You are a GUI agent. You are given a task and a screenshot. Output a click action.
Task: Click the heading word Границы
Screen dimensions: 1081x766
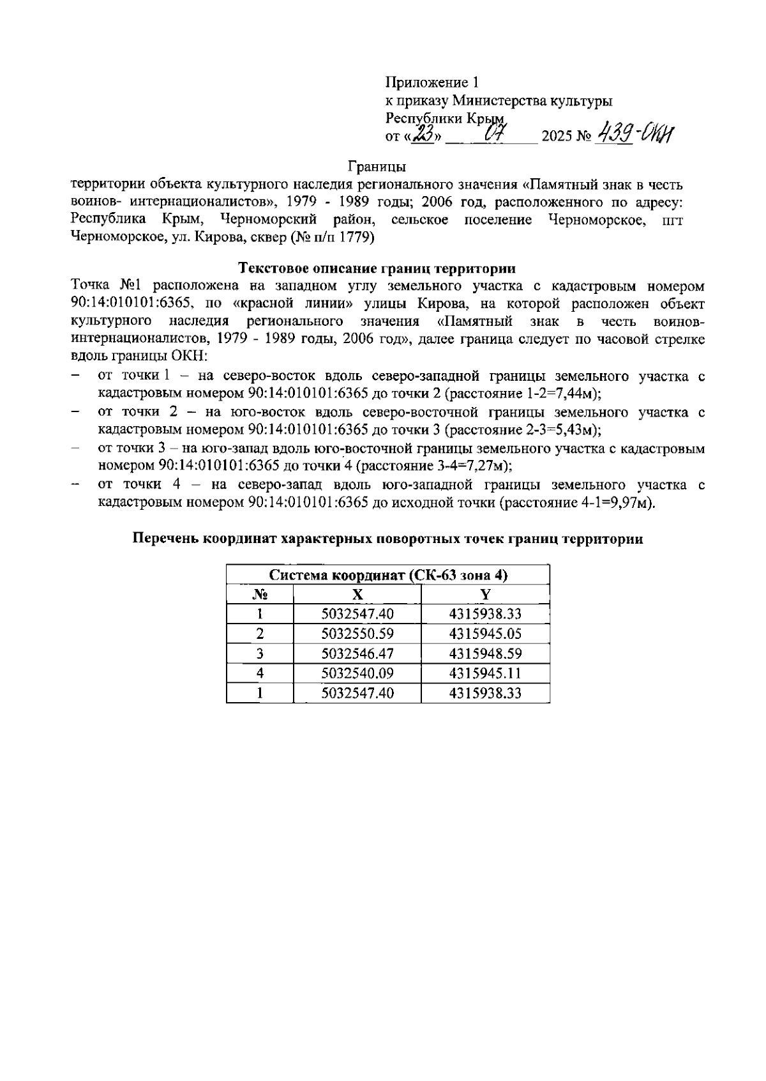coord(377,167)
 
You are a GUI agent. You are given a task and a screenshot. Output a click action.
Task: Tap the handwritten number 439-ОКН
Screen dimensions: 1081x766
coord(635,135)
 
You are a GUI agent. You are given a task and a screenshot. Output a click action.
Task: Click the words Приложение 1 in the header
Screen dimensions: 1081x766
coord(432,82)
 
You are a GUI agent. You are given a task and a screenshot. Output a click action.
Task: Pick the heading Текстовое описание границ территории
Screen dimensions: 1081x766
coord(377,267)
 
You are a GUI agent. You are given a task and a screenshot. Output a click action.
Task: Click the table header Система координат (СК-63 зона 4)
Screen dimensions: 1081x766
coord(388,575)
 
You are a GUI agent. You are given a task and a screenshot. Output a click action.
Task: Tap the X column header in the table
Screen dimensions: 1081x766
coord(357,595)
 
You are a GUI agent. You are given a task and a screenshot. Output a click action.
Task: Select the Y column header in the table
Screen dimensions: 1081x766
coord(485,595)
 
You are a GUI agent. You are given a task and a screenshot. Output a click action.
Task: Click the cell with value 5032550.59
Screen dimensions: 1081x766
coord(357,634)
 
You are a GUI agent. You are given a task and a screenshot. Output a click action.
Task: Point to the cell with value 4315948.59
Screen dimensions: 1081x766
coord(485,654)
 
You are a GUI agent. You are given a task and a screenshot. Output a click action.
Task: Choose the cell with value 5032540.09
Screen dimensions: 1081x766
coord(357,673)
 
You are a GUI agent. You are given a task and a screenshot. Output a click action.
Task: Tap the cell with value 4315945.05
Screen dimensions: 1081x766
coord(485,634)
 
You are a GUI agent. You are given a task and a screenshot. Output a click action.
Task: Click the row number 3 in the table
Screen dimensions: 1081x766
coord(260,654)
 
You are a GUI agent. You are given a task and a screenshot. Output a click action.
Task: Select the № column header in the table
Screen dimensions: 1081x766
coord(260,595)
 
